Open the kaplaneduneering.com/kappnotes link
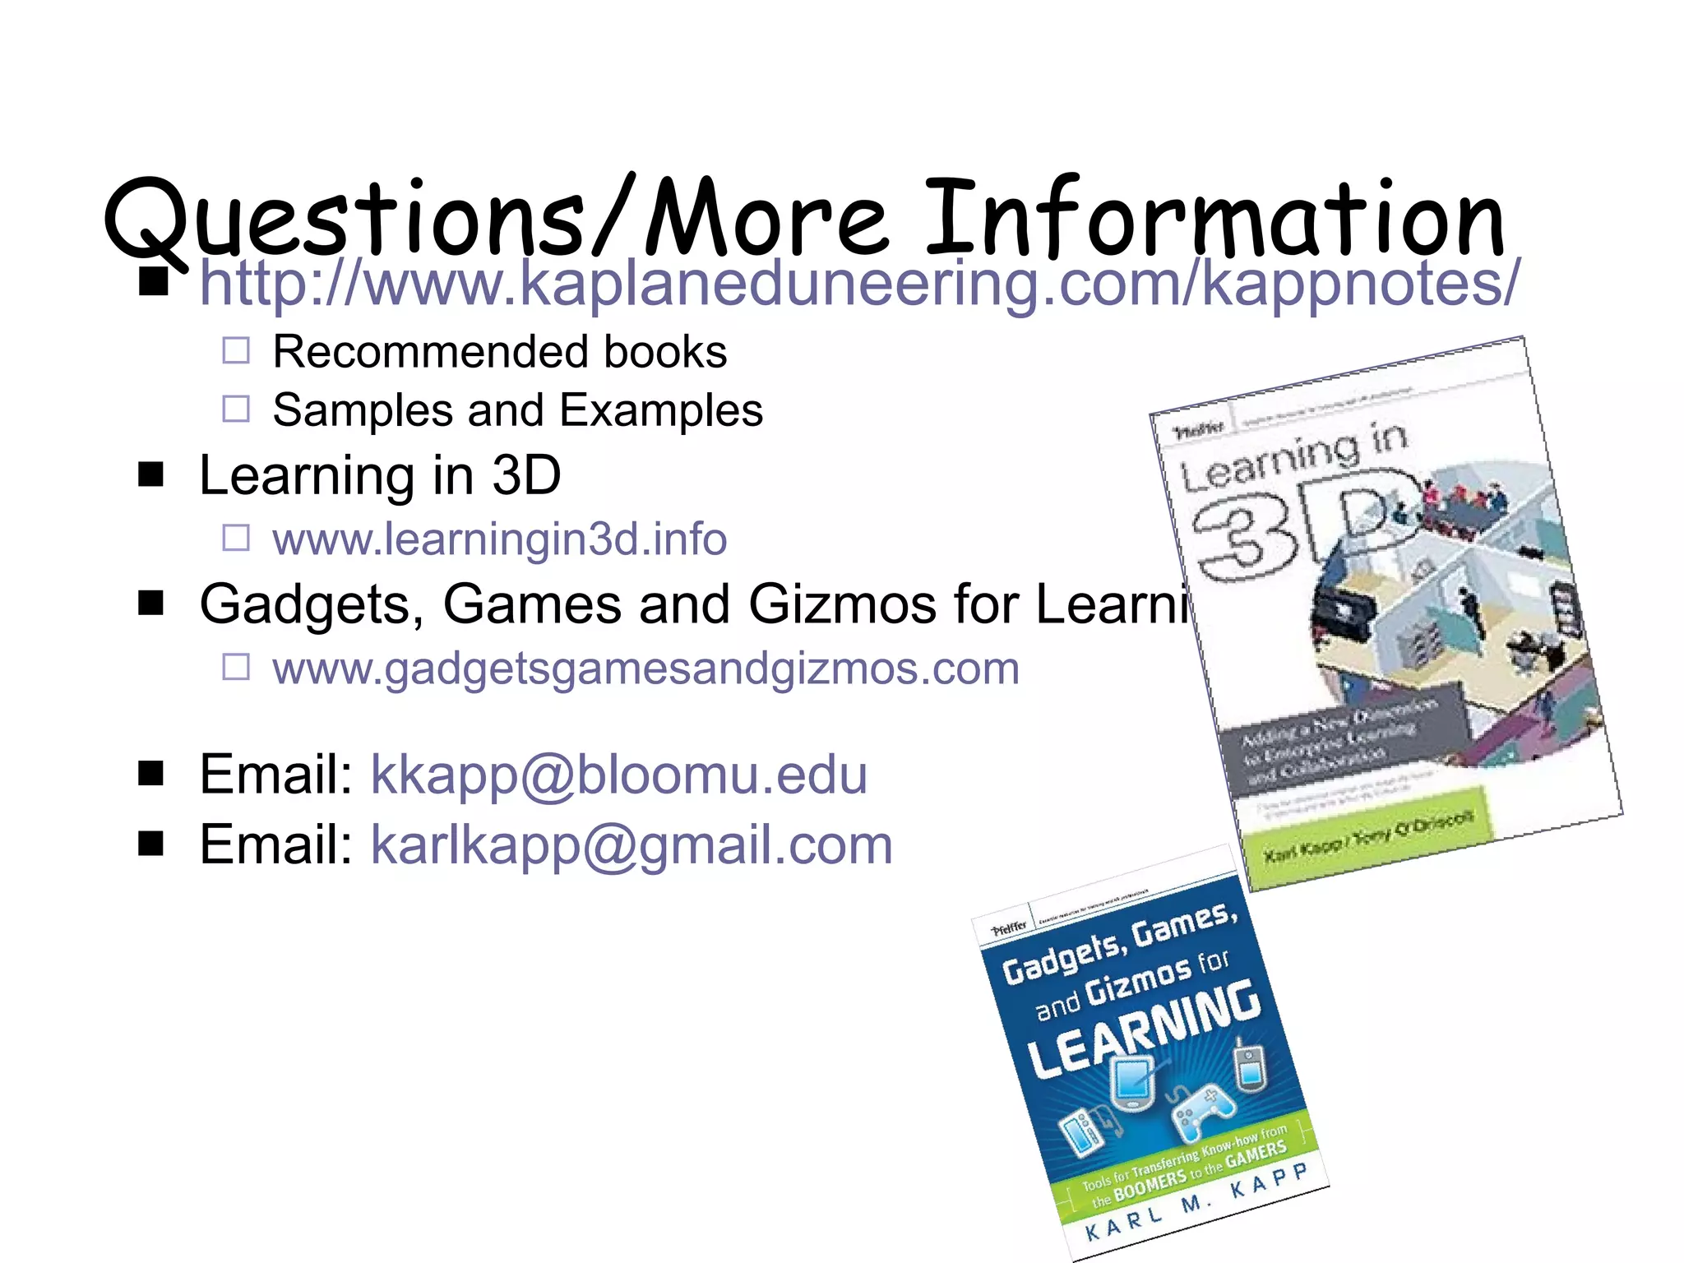[x=860, y=283]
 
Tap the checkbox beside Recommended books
[x=236, y=351]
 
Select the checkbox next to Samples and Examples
[x=236, y=409]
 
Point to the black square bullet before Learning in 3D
[x=151, y=474]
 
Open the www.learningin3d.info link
[x=499, y=539]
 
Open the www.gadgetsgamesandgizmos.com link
[x=645, y=668]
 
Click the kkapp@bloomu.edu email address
[x=618, y=775]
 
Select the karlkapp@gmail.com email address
[x=631, y=845]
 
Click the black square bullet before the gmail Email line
[x=151, y=844]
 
